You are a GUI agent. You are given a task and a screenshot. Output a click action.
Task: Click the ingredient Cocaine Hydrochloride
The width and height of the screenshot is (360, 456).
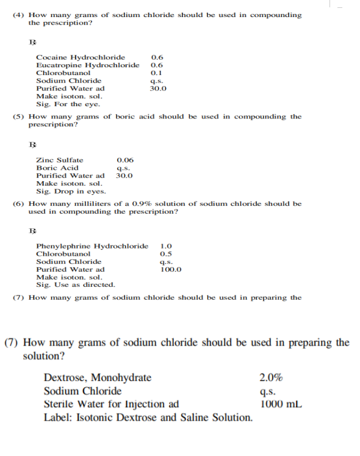pyautogui.click(x=81, y=57)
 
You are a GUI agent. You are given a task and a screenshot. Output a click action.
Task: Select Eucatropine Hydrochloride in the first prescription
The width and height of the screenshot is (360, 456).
pyautogui.click(x=88, y=65)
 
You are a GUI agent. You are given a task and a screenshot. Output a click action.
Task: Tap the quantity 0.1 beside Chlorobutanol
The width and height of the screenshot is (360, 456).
pyautogui.click(x=156, y=73)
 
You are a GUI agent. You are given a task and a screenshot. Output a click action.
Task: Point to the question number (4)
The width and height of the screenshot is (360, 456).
pyautogui.click(x=18, y=15)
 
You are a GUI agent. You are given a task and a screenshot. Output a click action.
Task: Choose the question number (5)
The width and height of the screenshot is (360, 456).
pyautogui.click(x=18, y=116)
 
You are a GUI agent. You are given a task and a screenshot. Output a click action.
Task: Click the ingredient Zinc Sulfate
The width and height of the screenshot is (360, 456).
pyautogui.click(x=60, y=160)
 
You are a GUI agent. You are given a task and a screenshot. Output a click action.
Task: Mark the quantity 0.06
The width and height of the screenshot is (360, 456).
pyautogui.click(x=124, y=160)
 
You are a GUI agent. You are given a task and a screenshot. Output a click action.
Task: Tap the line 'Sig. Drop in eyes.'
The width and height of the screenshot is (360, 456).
pyautogui.click(x=71, y=191)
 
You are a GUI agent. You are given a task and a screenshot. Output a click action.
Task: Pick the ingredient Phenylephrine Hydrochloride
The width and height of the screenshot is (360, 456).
pyautogui.click(x=92, y=246)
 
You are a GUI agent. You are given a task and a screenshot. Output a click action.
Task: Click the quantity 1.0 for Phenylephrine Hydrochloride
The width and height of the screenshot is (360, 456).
pyautogui.click(x=166, y=246)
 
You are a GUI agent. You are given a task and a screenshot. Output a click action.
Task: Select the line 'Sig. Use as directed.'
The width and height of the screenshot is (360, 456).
pyautogui.click(x=76, y=284)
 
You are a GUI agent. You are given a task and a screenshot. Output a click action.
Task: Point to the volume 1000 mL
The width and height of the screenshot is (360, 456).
pyautogui.click(x=281, y=404)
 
